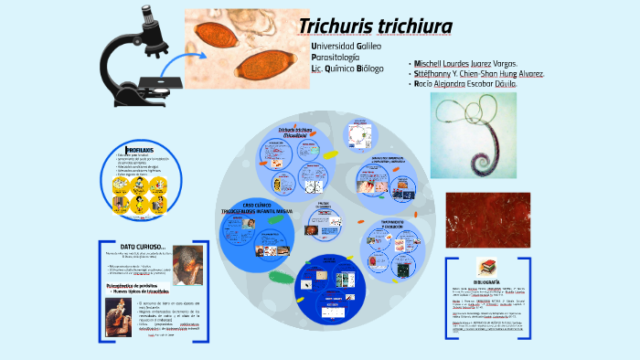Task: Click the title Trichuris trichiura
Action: tap(376, 26)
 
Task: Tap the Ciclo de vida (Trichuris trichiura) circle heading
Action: tap(303, 132)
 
